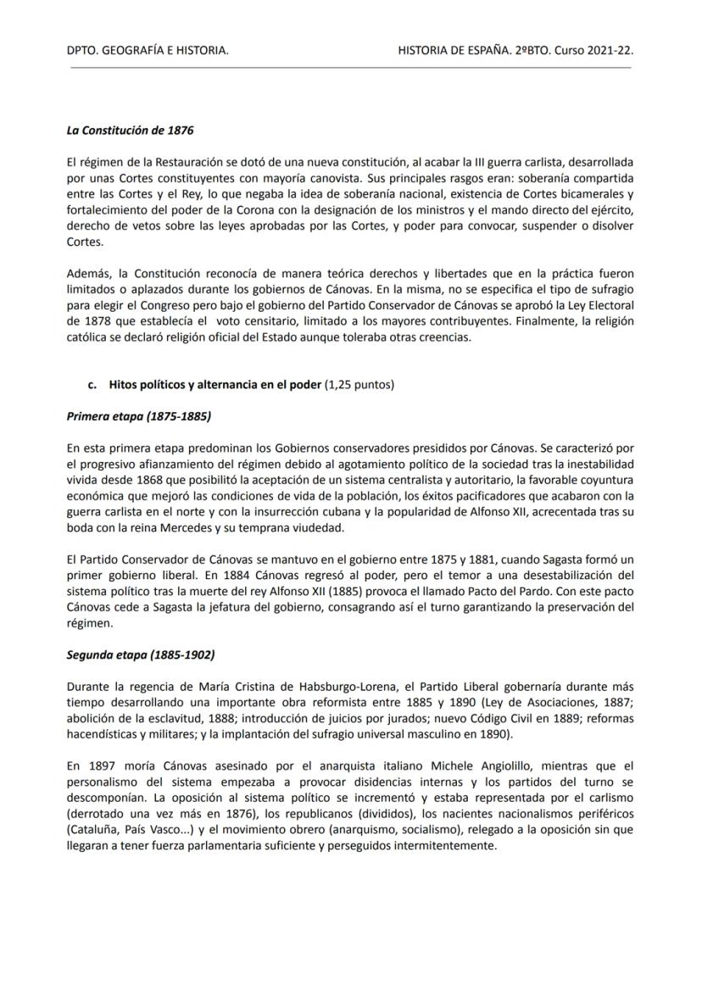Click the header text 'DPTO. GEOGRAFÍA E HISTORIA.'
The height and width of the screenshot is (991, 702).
coord(147,52)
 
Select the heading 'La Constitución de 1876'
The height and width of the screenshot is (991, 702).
coord(130,131)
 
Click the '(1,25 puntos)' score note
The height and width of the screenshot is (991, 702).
coord(359,385)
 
